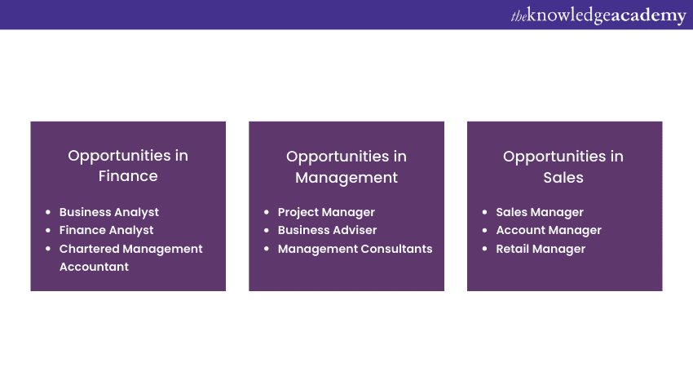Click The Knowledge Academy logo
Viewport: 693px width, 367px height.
tap(598, 15)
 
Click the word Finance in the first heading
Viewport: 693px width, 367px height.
tap(128, 176)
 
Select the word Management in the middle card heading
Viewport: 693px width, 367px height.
tap(346, 178)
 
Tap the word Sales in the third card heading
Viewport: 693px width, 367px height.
tap(563, 178)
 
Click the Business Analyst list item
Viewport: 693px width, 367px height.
tap(109, 212)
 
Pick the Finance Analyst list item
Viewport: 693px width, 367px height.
tap(107, 230)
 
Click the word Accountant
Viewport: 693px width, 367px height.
tap(94, 267)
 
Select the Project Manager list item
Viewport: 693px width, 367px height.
tap(326, 212)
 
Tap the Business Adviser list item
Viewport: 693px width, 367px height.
tap(328, 230)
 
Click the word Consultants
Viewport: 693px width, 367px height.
tap(396, 249)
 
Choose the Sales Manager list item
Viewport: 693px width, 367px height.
tap(540, 212)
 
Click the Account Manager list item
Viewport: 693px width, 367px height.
tap(549, 230)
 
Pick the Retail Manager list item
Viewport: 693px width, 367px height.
tap(541, 249)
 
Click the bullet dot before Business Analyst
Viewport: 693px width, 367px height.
tap(48, 212)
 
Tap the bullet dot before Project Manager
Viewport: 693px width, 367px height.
tap(267, 212)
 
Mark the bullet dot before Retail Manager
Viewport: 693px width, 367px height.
tap(485, 249)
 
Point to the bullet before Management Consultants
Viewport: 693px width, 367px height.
tap(267, 249)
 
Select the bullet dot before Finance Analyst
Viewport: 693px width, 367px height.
tap(48, 230)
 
